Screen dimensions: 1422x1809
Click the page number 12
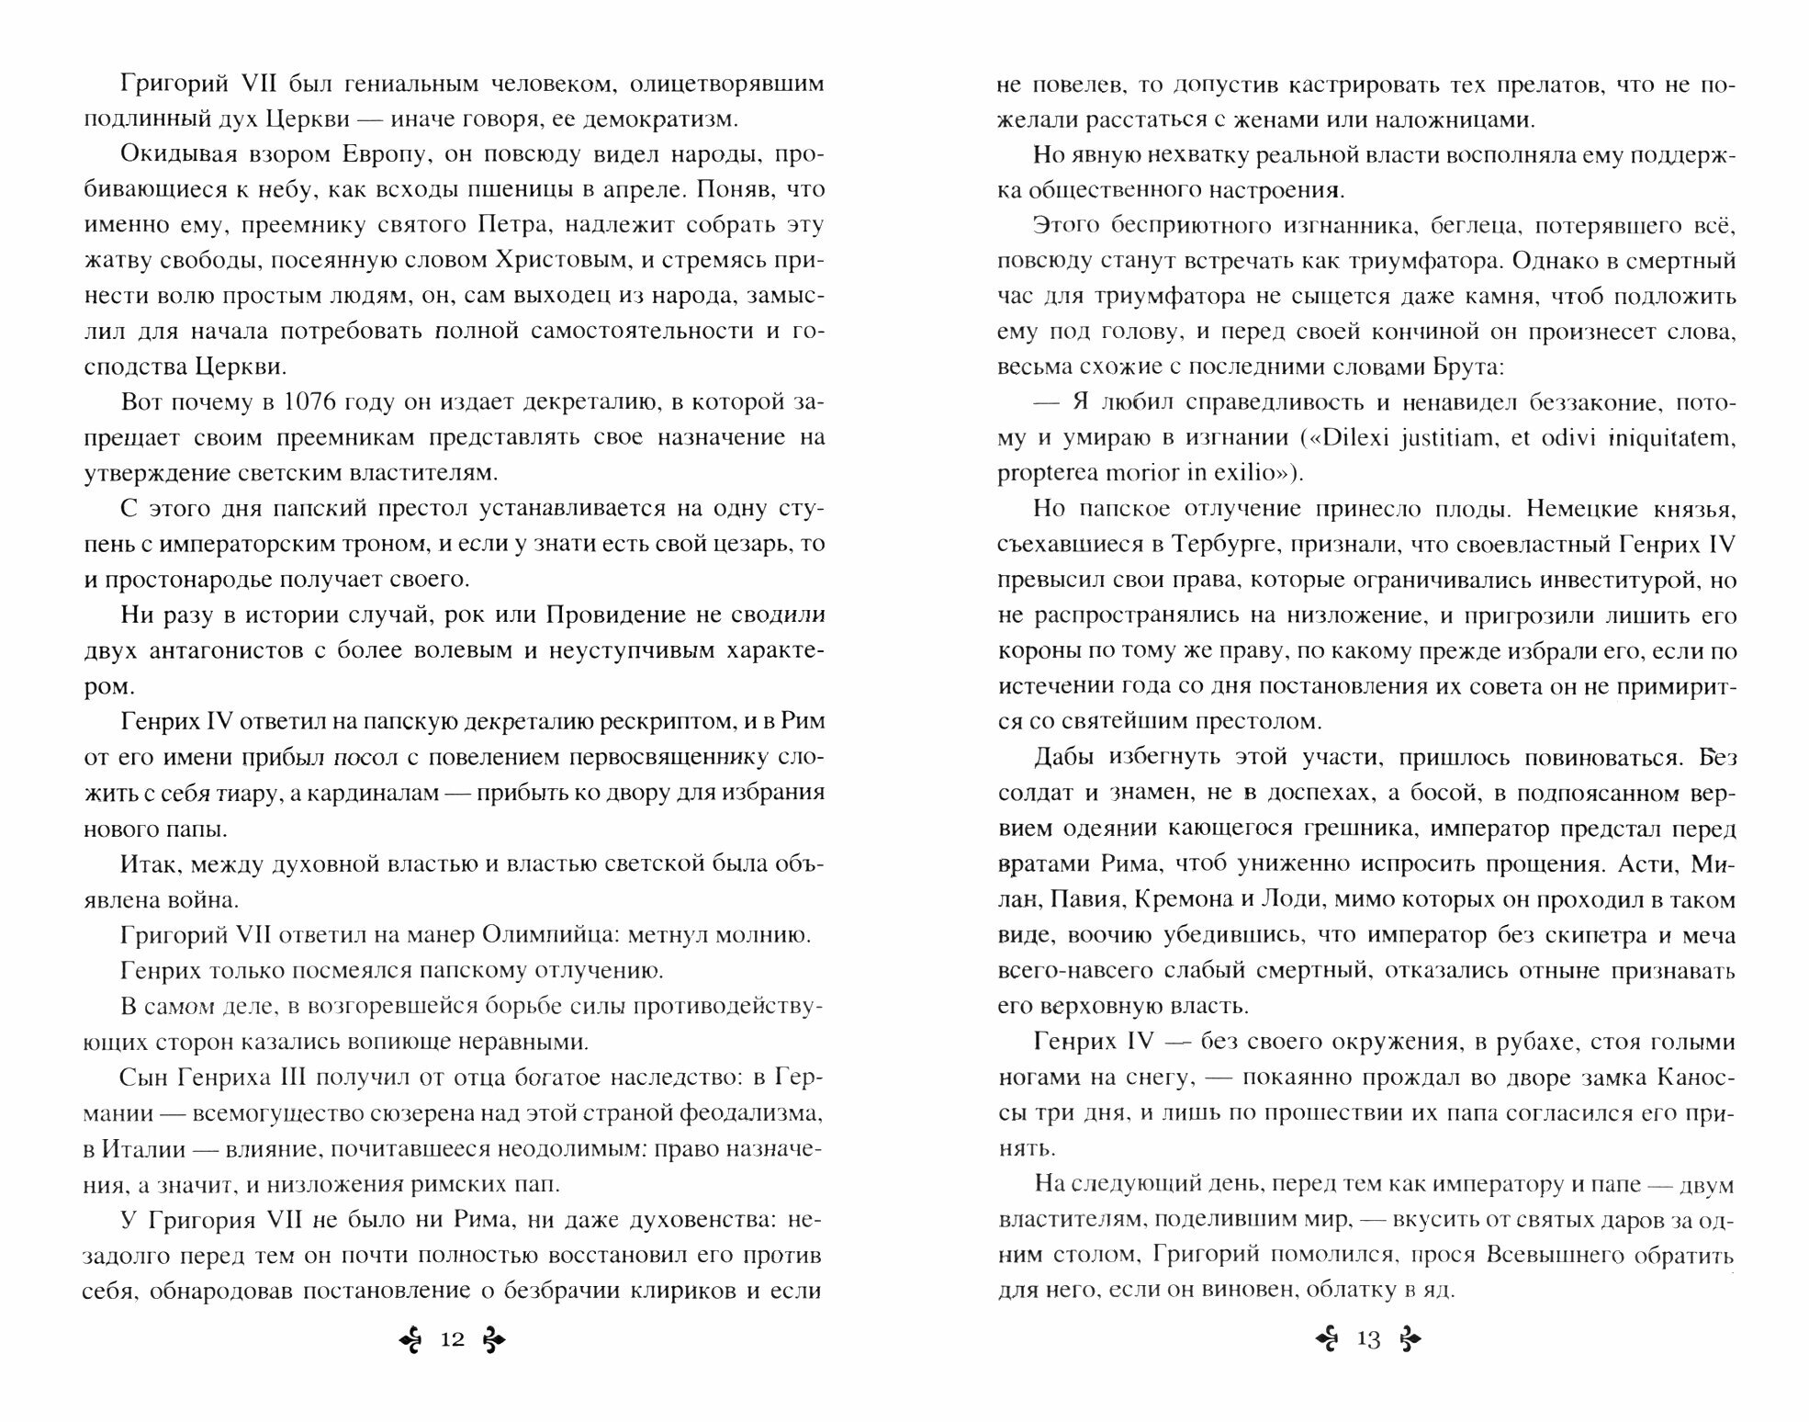(452, 1339)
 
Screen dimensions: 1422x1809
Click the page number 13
(1367, 1339)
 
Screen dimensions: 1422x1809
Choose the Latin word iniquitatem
(1669, 438)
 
